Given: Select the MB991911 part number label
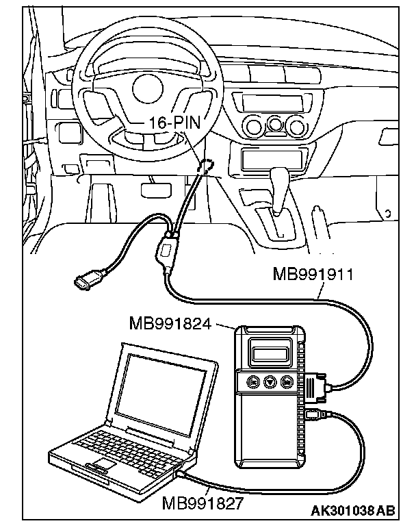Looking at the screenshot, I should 313,275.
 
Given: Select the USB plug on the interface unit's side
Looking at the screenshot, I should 315,414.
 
